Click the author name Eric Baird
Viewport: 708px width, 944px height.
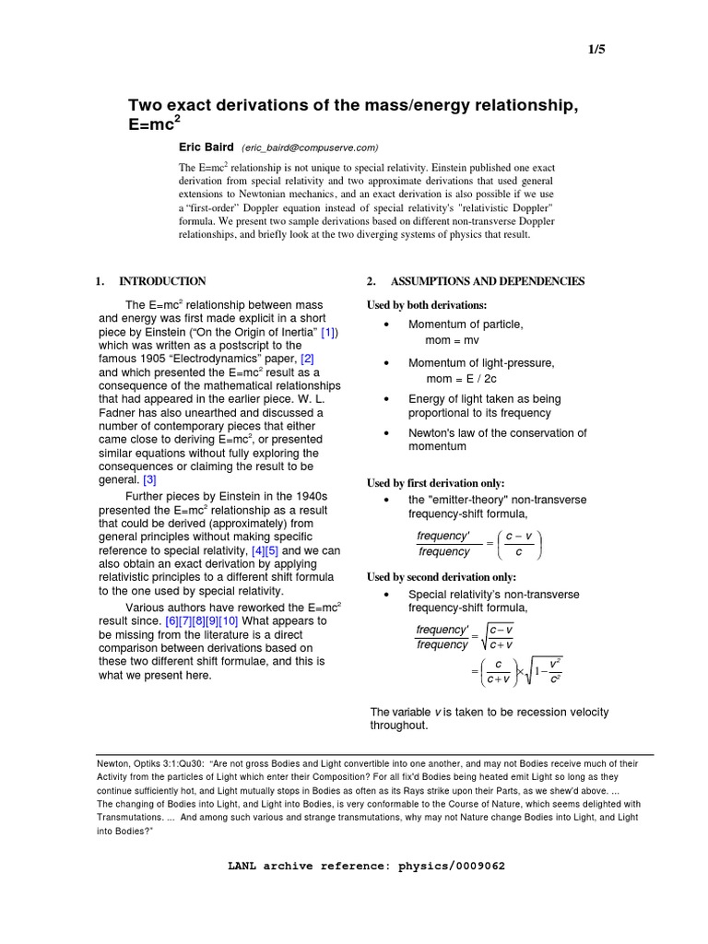pyautogui.click(x=206, y=147)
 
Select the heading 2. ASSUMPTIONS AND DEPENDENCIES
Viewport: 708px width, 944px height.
pyautogui.click(x=476, y=281)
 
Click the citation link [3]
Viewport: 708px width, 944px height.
pyautogui.click(x=150, y=480)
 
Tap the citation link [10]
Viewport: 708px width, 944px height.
pyautogui.click(x=228, y=620)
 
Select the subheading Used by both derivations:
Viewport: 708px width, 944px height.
pyautogui.click(x=427, y=305)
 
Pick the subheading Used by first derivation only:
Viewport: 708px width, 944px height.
pyautogui.click(x=436, y=483)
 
